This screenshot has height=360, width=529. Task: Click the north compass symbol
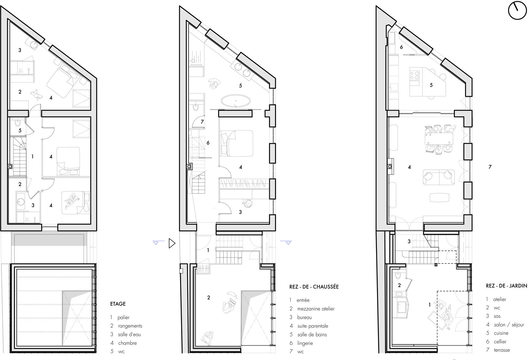click(x=517, y=11)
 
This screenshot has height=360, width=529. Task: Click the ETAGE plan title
click(x=118, y=304)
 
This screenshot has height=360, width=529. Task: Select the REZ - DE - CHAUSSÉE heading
click(x=314, y=287)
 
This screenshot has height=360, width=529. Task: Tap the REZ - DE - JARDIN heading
click(x=507, y=286)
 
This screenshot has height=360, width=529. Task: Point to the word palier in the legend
click(x=123, y=317)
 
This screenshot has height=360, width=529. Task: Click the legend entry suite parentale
click(x=313, y=326)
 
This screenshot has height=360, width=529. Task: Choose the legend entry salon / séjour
click(x=509, y=325)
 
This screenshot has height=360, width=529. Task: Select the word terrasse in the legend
click(x=502, y=350)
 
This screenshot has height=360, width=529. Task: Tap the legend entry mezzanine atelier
click(x=316, y=309)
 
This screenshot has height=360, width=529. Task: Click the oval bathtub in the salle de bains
click(x=236, y=101)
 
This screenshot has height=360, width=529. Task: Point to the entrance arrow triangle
click(x=172, y=243)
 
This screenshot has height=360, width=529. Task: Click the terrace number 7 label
click(x=490, y=167)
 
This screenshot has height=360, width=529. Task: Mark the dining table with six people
click(x=439, y=139)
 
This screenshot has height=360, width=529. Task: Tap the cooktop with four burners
click(x=414, y=75)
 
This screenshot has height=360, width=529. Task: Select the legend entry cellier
click(x=500, y=342)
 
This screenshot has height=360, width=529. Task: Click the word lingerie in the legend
click(x=305, y=343)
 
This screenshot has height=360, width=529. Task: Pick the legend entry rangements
click(x=130, y=326)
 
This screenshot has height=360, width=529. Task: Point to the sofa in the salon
click(x=439, y=177)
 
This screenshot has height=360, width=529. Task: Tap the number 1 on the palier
click(x=33, y=156)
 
